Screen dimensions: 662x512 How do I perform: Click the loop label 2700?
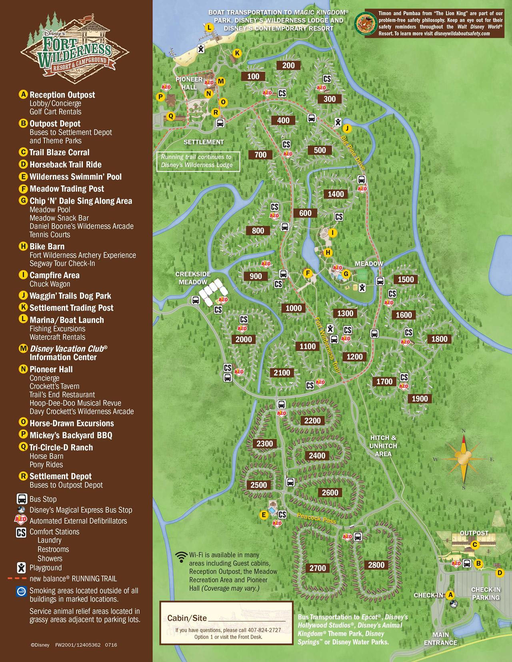coord(318,568)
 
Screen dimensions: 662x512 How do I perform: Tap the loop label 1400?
coord(336,194)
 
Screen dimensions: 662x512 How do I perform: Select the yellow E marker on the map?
coord(263,515)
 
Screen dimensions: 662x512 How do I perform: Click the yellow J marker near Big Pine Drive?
coord(347,128)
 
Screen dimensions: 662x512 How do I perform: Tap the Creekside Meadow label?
coord(193,278)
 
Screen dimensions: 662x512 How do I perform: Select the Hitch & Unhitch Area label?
coord(383,446)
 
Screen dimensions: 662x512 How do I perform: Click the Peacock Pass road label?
coord(316,518)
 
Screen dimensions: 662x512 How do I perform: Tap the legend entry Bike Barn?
coord(46,247)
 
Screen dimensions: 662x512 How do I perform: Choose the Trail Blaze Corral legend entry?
coord(59,152)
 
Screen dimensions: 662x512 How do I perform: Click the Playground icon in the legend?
coord(21,568)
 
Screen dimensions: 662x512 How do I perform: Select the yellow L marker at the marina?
coord(209,28)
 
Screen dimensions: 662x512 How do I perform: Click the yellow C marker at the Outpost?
coord(474,544)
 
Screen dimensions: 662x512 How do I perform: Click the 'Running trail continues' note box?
coord(197,161)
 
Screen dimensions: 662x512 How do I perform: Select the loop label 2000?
coord(244,339)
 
